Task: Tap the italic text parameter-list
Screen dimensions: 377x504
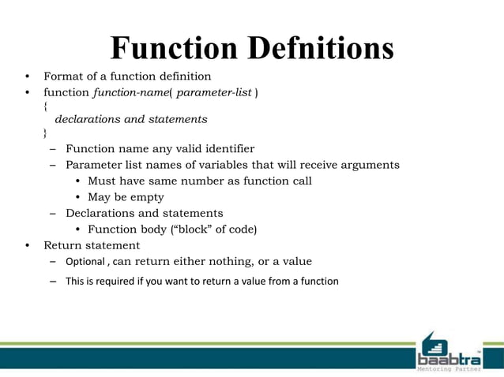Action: [214, 93]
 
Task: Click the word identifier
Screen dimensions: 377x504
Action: [226, 148]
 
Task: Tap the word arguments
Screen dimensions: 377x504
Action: [369, 165]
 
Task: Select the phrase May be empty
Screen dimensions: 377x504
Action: [126, 197]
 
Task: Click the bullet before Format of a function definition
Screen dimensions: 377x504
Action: [27, 77]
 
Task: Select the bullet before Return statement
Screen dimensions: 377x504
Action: [27, 245]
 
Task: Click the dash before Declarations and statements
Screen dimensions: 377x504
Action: [51, 214]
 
